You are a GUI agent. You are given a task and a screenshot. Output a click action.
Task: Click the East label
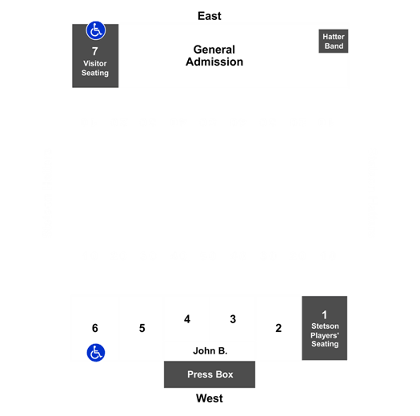(210, 16)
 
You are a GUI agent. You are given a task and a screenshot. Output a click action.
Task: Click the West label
(210, 398)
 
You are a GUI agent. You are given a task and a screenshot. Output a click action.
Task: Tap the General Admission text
(214, 56)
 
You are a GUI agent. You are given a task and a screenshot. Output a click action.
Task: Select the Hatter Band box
(334, 42)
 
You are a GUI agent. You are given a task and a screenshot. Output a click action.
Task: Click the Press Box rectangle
(210, 374)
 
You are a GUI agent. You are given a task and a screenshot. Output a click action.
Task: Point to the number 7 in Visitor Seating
(95, 51)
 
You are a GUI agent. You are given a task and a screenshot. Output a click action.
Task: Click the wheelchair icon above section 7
(96, 30)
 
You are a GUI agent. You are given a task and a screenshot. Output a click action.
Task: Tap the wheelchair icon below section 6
(96, 353)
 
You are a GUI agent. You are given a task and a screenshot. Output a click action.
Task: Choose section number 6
(95, 328)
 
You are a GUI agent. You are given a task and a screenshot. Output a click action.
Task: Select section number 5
(142, 328)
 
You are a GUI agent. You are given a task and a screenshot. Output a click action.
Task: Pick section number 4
(187, 319)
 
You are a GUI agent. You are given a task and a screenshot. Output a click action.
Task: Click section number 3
(233, 319)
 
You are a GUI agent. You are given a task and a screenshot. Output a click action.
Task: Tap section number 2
(278, 328)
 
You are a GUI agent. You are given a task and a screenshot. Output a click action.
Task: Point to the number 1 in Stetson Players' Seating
(324, 315)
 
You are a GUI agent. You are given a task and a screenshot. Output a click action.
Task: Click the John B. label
(210, 350)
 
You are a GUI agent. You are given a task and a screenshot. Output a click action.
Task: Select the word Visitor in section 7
(95, 63)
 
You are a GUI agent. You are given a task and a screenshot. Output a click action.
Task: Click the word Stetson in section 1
(325, 326)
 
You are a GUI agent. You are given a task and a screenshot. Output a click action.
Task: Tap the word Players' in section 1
(325, 335)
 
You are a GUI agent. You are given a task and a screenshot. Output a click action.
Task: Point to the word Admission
(214, 62)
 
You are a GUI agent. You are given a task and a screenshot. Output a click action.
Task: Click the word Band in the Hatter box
(334, 46)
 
